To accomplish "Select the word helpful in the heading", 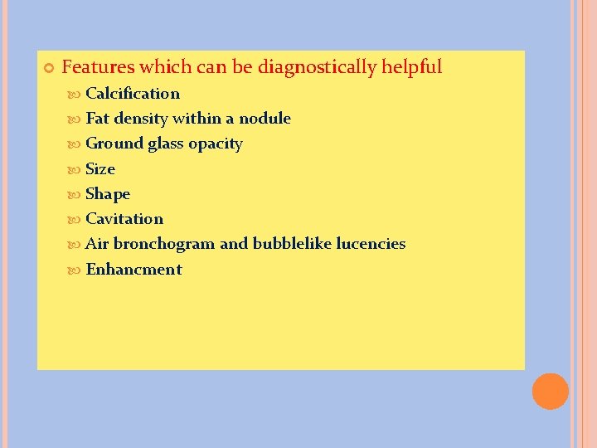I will (x=411, y=66).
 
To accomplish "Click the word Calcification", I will (x=133, y=93).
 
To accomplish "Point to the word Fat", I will (x=97, y=118).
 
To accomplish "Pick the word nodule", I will (x=265, y=118).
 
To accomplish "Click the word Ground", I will (x=114, y=144).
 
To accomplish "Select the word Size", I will (x=100, y=168).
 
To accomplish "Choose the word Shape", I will (x=108, y=194).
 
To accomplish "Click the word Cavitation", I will (x=124, y=218).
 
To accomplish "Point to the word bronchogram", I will (x=163, y=244).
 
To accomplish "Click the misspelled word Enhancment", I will (x=133, y=269).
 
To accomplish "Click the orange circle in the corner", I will (x=550, y=391).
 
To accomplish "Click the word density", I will (x=140, y=118).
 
